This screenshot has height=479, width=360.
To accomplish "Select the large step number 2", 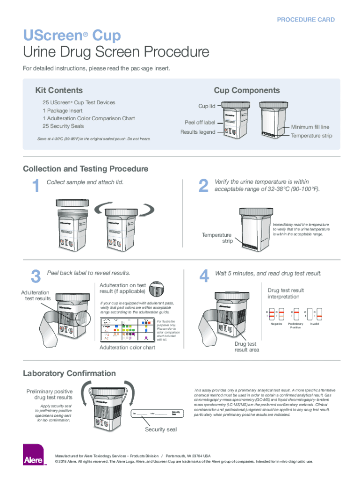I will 203,187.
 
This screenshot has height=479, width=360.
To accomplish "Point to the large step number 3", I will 35,277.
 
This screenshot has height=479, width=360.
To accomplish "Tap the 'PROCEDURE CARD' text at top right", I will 306,20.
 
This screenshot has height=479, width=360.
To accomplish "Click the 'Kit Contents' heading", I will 59,90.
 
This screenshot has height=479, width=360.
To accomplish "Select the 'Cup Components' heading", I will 247,90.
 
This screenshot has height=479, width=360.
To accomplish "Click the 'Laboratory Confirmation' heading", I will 70,373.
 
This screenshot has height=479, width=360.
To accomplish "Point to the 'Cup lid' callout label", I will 207,106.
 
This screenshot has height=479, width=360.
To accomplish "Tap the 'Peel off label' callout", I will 200,123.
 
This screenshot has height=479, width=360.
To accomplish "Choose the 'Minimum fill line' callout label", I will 310,127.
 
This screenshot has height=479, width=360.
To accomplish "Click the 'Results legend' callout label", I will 198,132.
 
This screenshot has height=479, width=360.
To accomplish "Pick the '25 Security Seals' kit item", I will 64,126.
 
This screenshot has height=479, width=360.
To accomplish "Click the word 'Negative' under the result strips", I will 277,324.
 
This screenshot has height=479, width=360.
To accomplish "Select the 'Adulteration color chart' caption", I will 128,348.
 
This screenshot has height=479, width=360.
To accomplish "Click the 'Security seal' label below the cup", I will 161,429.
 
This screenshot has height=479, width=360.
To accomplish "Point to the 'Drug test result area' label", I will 246,347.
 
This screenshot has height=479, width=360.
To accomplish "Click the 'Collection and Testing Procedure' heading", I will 86,168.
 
